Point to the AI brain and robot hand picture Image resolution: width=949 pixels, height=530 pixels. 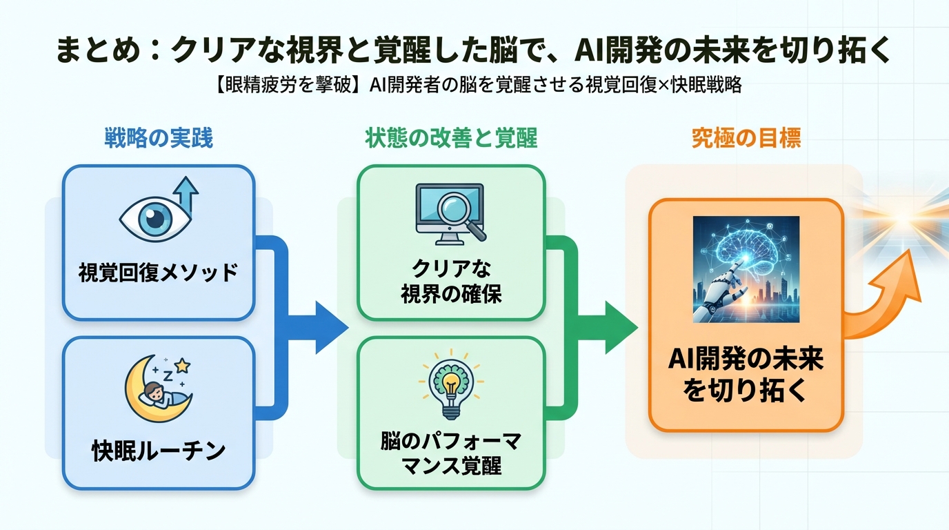[x=746, y=269]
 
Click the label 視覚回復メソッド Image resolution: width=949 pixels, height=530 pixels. [x=159, y=273]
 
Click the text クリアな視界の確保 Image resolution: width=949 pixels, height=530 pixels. [x=451, y=282]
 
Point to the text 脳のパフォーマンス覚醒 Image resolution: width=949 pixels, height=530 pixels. [x=451, y=454]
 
